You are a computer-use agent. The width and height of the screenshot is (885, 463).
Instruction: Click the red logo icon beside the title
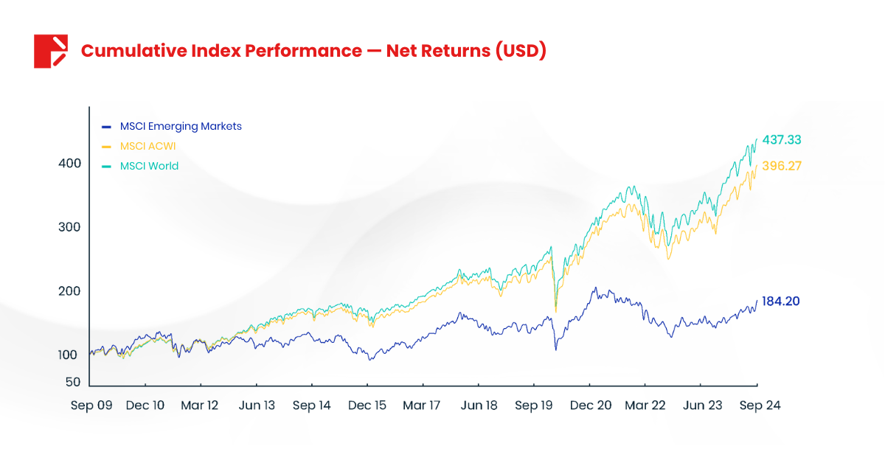click(x=51, y=51)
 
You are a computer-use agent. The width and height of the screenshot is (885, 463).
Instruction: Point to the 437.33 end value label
click(x=782, y=140)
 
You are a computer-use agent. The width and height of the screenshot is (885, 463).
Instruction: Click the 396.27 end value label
click(x=781, y=166)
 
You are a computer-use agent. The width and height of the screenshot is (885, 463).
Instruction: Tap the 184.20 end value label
click(x=781, y=302)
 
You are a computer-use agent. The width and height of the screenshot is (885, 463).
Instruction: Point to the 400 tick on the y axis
click(x=69, y=164)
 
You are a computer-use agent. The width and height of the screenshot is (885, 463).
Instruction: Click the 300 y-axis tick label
click(x=69, y=227)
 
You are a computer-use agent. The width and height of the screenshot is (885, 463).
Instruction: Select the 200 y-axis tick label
click(x=69, y=291)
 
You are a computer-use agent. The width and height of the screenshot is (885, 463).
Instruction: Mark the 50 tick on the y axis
click(x=73, y=382)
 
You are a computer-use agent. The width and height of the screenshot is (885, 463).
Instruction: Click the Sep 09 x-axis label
click(x=91, y=405)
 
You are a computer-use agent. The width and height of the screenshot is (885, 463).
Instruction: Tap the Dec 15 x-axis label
click(x=367, y=405)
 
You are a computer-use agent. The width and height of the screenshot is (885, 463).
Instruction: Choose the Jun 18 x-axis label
click(x=479, y=405)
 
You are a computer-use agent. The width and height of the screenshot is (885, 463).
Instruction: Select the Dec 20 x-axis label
click(x=590, y=405)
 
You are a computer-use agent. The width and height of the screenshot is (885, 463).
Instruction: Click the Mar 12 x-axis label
click(x=201, y=405)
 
